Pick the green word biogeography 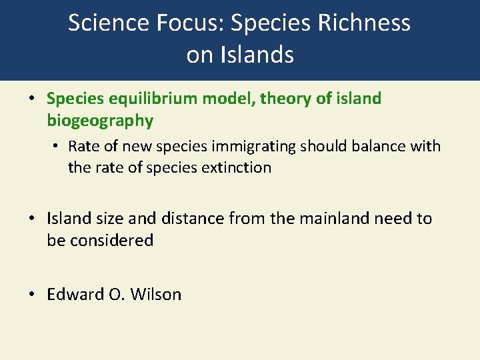click(100, 121)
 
